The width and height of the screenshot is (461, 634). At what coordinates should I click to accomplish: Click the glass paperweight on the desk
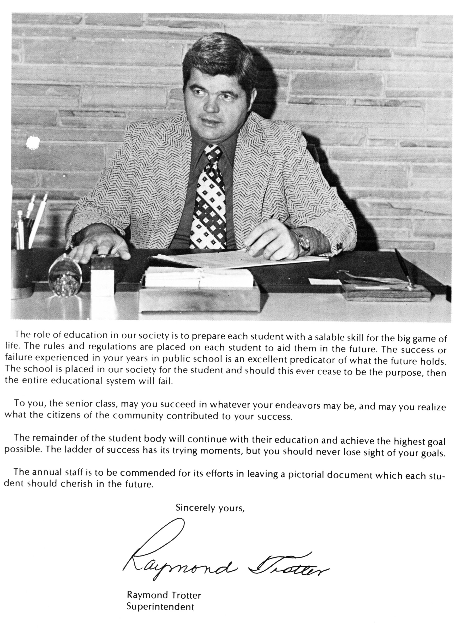(65, 275)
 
